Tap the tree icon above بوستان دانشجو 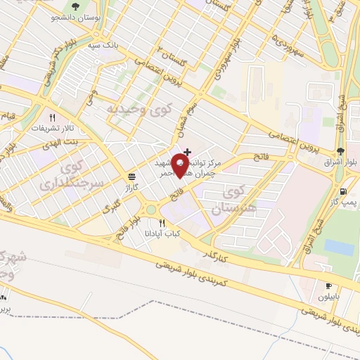click(x=75, y=8)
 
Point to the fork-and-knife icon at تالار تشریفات click(x=51, y=118)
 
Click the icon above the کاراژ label click(x=131, y=176)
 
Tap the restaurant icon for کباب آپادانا click(x=163, y=223)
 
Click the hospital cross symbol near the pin click(x=187, y=151)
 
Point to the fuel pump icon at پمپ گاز click(x=342, y=191)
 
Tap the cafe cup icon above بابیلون click(x=328, y=285)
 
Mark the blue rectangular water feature click(x=339, y=247)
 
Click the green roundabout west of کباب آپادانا click(x=150, y=209)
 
